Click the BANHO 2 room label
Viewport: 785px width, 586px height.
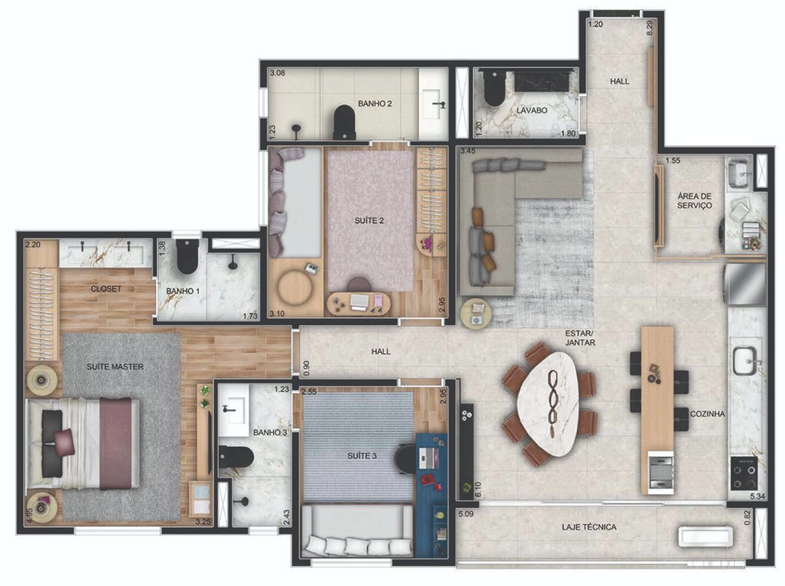[x=375, y=104]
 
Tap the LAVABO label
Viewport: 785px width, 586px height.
[x=532, y=110]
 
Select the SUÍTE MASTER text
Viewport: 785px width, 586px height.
[x=115, y=367]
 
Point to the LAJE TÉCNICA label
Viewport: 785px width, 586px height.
[x=589, y=527]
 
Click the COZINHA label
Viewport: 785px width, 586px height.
[x=707, y=414]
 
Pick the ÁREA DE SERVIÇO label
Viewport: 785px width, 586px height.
[x=694, y=201]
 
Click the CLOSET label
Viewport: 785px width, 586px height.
[x=106, y=289]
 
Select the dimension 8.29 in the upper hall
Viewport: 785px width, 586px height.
[x=650, y=28]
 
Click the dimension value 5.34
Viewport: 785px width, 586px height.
[x=757, y=496]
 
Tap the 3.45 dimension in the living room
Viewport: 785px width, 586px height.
[x=468, y=151]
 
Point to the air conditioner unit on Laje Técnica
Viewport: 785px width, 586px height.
[x=705, y=537]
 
